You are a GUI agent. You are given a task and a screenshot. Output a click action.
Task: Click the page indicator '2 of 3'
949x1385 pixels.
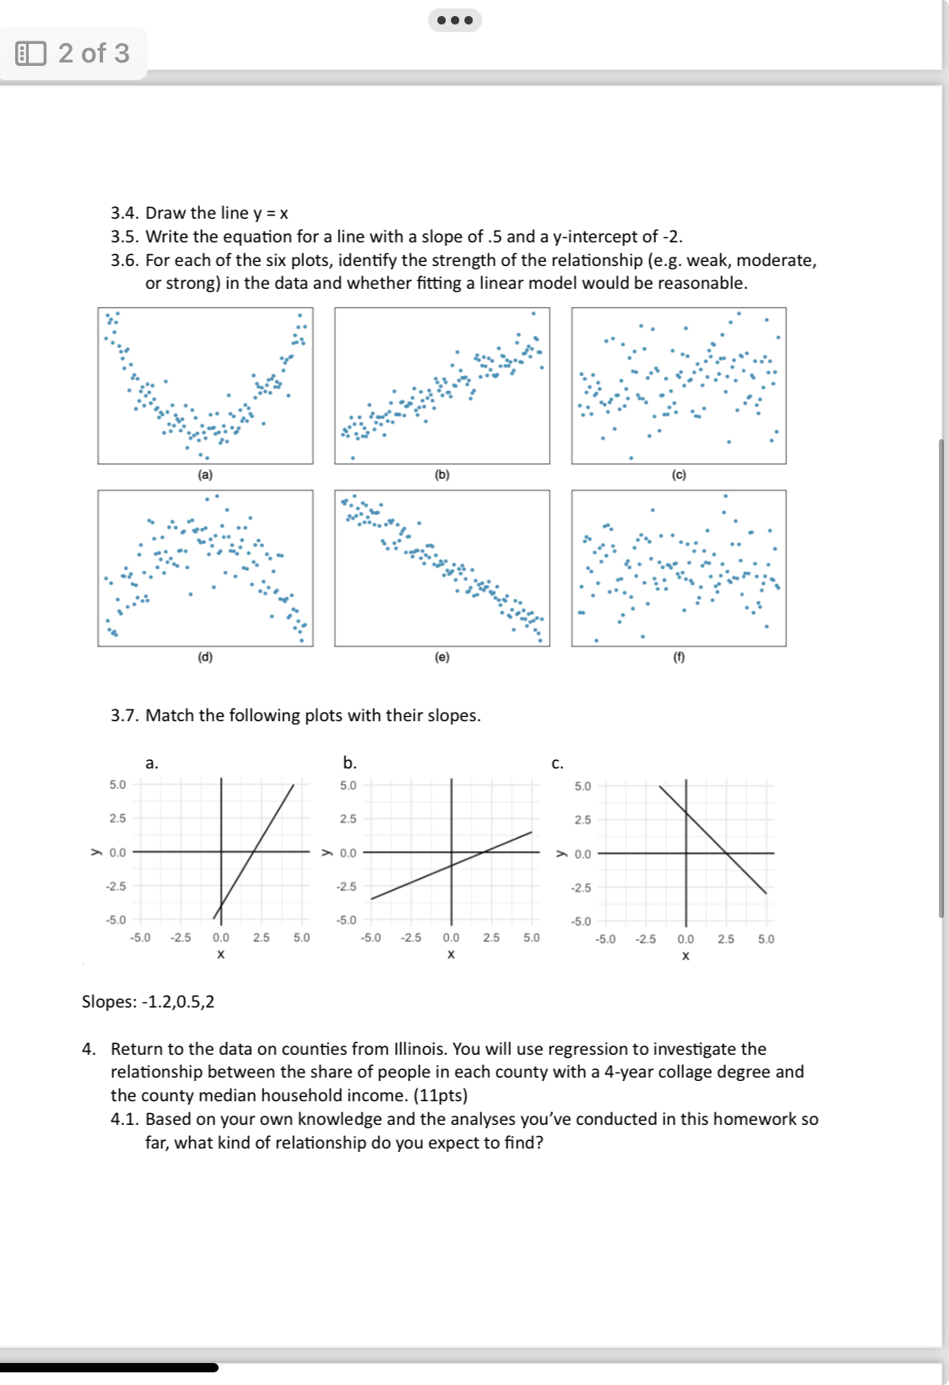(x=94, y=53)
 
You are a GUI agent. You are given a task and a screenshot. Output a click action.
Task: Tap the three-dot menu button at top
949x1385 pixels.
(x=455, y=20)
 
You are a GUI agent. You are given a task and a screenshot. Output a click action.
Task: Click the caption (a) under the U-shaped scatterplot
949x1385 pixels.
(x=205, y=475)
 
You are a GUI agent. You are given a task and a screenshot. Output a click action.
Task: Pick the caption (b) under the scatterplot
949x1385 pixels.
(x=442, y=475)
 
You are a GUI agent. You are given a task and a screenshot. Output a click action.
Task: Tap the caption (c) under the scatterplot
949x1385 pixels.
(x=679, y=475)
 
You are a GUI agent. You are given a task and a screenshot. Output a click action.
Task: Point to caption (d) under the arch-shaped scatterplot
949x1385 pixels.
(x=205, y=657)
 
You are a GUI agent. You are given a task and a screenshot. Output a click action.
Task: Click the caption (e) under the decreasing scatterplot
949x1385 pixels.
(x=442, y=657)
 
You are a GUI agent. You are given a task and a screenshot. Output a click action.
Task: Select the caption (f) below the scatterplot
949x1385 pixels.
(x=679, y=657)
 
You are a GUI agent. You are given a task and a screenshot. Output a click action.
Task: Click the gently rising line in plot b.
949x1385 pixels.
(x=422, y=877)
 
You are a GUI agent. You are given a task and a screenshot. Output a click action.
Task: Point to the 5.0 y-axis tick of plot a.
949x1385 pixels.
(x=117, y=785)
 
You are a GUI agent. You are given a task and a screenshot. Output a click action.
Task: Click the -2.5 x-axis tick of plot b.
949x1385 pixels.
(x=411, y=937)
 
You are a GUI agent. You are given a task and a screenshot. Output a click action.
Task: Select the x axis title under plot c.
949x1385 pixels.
(x=686, y=956)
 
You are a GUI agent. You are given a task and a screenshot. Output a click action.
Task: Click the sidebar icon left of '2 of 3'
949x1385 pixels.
(x=31, y=53)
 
